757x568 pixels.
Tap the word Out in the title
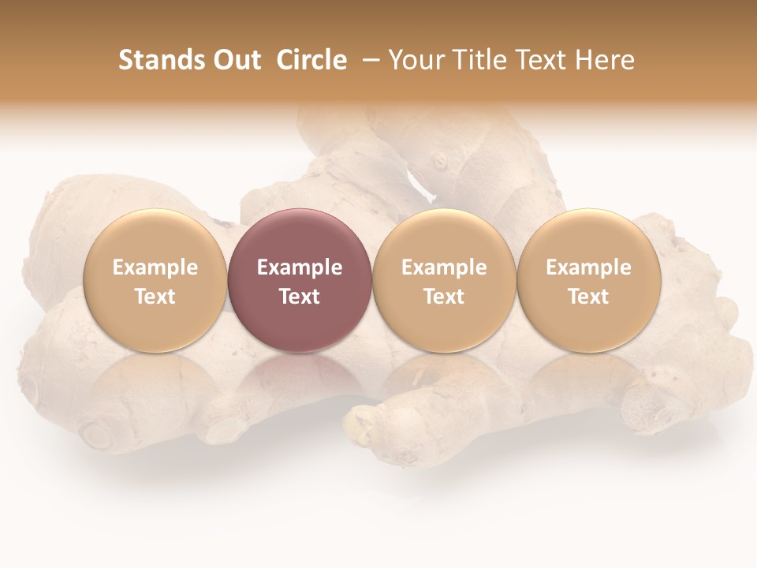[236, 60]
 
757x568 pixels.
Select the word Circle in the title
[311, 60]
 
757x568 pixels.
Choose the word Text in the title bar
[535, 60]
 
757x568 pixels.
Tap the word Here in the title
[601, 60]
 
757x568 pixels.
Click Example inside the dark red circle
[300, 267]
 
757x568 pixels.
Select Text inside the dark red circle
[300, 297]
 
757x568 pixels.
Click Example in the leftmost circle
[155, 267]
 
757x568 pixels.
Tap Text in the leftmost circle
[155, 297]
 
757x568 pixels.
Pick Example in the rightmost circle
[588, 267]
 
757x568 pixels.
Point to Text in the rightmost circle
[588, 297]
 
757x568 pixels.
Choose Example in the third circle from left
[444, 267]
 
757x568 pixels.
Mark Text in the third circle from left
[444, 297]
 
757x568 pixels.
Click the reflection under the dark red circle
[300, 379]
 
